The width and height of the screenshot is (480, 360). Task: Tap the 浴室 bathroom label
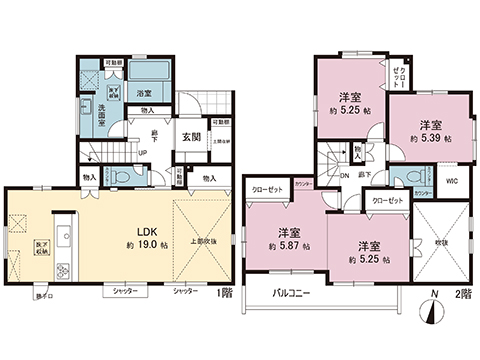pyautogui.click(x=143, y=92)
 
